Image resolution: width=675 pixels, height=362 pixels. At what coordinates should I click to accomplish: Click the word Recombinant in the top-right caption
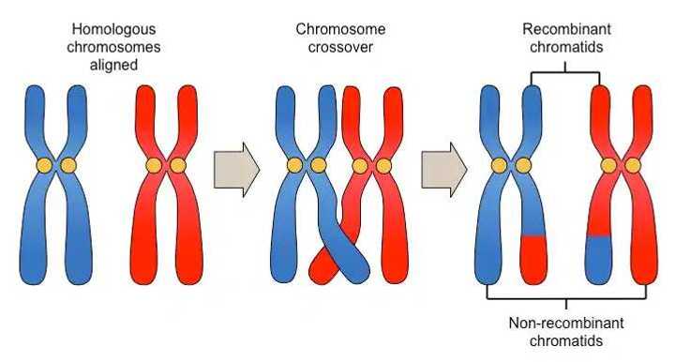pyautogui.click(x=565, y=30)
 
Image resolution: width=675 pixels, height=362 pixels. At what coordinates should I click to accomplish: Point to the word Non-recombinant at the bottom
pyautogui.click(x=565, y=324)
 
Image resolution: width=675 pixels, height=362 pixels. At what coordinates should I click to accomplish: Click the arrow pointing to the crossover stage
pyautogui.click(x=236, y=170)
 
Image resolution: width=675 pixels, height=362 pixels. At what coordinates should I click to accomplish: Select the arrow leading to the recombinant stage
pyautogui.click(x=443, y=170)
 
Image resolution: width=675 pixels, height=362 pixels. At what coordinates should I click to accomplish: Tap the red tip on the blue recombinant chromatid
pyautogui.click(x=532, y=250)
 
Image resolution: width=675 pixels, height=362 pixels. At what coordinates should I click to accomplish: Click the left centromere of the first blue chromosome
pyautogui.click(x=43, y=166)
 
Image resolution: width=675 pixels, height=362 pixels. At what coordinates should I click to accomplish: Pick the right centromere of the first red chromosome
pyautogui.click(x=177, y=166)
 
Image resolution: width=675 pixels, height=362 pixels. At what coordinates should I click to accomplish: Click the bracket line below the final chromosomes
pyautogui.click(x=565, y=299)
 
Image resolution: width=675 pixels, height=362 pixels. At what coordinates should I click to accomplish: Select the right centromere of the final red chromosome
pyautogui.click(x=633, y=166)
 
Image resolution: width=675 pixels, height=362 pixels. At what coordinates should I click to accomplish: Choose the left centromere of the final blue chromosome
pyautogui.click(x=499, y=166)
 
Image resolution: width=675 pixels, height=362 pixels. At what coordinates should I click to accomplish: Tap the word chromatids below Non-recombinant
pyautogui.click(x=565, y=340)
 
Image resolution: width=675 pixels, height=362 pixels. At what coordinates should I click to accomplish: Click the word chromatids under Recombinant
pyautogui.click(x=565, y=47)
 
